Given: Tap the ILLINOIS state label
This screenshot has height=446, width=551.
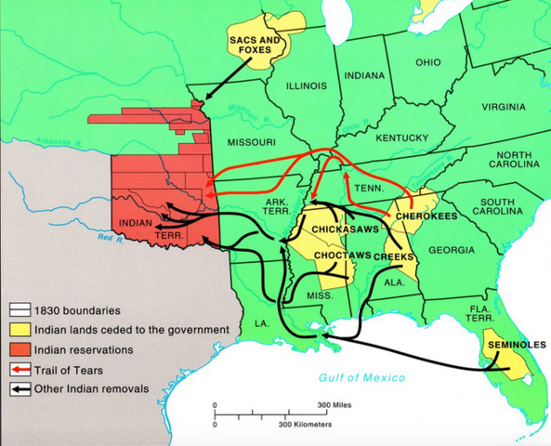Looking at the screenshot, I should pyautogui.click(x=306, y=85).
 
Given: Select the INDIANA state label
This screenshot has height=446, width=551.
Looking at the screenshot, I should pyautogui.click(x=365, y=74).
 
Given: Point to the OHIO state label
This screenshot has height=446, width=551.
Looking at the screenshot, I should pyautogui.click(x=428, y=62).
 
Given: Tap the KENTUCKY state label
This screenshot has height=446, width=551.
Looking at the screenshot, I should pyautogui.click(x=400, y=138).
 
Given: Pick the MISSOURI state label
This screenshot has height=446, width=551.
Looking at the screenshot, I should pyautogui.click(x=251, y=142).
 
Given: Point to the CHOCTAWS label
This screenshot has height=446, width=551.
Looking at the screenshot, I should pyautogui.click(x=342, y=254).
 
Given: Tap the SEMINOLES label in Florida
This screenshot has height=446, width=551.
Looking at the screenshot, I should pyautogui.click(x=509, y=346).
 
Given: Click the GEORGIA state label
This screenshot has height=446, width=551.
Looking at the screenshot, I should pyautogui.click(x=452, y=250).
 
